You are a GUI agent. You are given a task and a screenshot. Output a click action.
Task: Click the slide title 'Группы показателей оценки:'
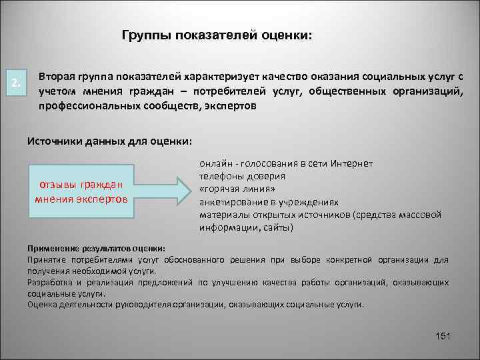coord(216,35)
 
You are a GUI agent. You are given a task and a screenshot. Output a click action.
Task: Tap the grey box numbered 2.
coord(16,83)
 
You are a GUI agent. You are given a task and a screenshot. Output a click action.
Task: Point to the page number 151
coord(442,335)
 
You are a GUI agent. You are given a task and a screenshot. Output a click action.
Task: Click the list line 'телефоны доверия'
coord(243,177)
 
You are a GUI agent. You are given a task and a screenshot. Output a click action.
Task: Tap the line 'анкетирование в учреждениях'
coord(269,202)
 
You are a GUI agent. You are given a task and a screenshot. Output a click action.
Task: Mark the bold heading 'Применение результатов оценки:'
coord(97,247)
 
